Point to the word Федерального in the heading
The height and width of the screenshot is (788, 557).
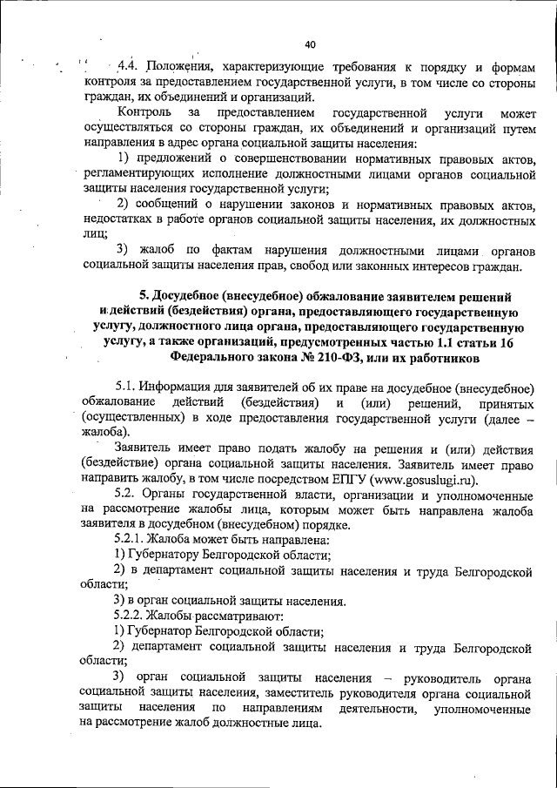[x=218, y=356]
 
